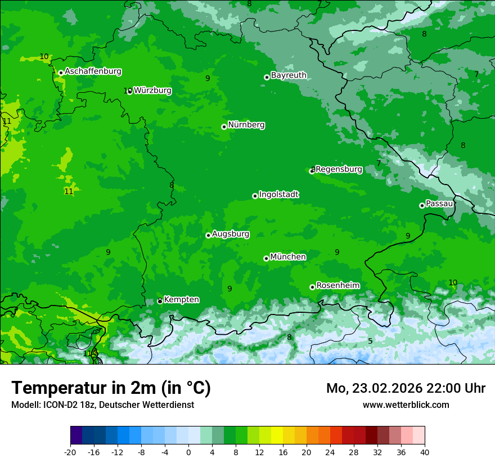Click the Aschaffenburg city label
(93, 71)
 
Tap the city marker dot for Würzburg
(129, 91)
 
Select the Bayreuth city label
(289, 75)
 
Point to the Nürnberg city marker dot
(224, 127)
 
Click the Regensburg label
(339, 169)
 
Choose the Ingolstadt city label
(278, 194)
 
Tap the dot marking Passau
(422, 205)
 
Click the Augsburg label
(231, 234)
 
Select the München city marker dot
(266, 258)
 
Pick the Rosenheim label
(337, 285)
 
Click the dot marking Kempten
(160, 301)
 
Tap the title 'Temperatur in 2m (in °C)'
(111, 388)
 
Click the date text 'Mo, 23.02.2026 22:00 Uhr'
(406, 388)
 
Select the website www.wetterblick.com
(406, 405)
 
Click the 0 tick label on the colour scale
(188, 452)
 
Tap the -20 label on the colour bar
(70, 452)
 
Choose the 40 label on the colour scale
(424, 452)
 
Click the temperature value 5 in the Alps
(370, 341)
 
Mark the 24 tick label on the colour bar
(330, 452)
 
